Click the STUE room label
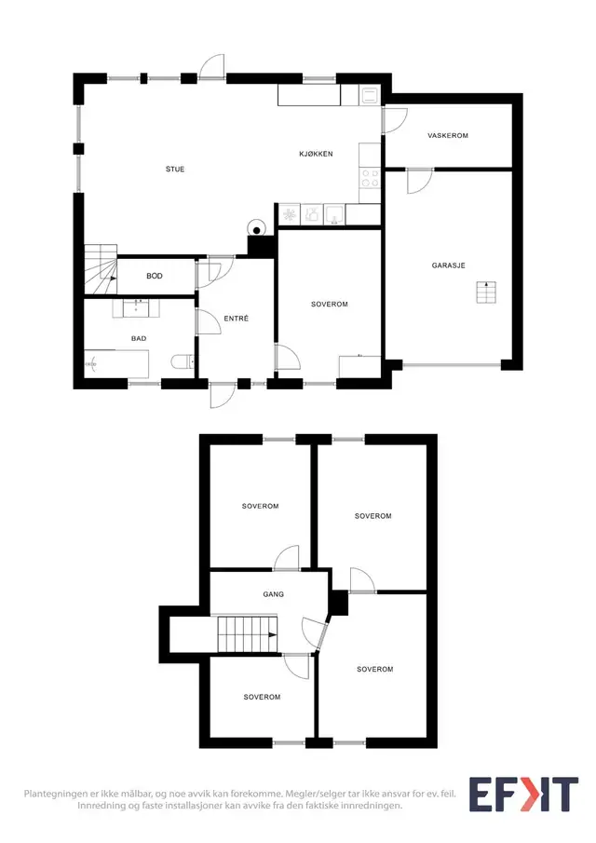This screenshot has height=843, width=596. tap(175, 170)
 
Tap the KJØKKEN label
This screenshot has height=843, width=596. tap(316, 154)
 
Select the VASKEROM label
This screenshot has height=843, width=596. tap(448, 135)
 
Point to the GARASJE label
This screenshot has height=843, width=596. tap(448, 265)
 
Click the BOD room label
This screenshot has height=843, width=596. tap(155, 276)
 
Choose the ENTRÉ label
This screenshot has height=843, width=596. tap(236, 319)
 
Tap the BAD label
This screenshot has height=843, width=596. tap(139, 339)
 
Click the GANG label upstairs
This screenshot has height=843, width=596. tap(274, 594)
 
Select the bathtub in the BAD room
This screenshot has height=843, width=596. tap(116, 364)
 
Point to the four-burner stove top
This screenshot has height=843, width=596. tap(370, 179)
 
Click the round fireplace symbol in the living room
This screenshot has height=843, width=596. tap(257, 228)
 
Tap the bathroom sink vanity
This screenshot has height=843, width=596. tap(136, 308)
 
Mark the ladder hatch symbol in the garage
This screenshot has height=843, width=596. tap(486, 292)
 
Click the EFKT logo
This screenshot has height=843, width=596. tap(523, 794)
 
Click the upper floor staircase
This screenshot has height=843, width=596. tap(248, 634)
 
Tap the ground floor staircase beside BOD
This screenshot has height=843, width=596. tap(101, 269)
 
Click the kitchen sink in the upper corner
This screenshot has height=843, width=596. tap(370, 96)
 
